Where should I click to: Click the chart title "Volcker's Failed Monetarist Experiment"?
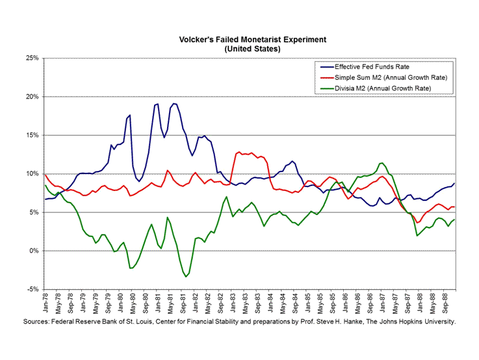pyautogui.click(x=252, y=40)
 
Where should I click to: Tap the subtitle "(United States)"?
pyautogui.click(x=252, y=49)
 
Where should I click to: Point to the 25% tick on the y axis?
pyautogui.click(x=32, y=58)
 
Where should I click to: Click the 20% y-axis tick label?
pyautogui.click(x=32, y=97)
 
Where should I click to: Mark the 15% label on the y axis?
pyautogui.click(x=32, y=135)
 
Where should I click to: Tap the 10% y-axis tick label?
pyautogui.click(x=32, y=174)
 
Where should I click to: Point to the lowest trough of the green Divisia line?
pyautogui.click(x=186, y=277)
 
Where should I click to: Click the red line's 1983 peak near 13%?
pyautogui.click(x=239, y=152)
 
